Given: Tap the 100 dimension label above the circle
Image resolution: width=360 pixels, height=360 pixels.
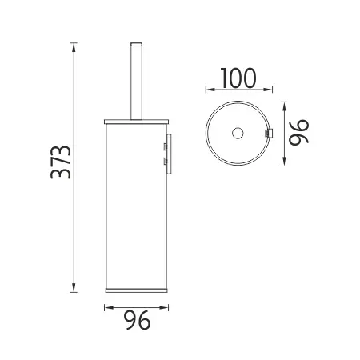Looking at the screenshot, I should [x=235, y=78].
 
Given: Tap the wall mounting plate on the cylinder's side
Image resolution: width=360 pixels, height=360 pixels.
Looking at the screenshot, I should [x=166, y=154].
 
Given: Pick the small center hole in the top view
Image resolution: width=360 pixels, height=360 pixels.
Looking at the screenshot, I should [x=238, y=132].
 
